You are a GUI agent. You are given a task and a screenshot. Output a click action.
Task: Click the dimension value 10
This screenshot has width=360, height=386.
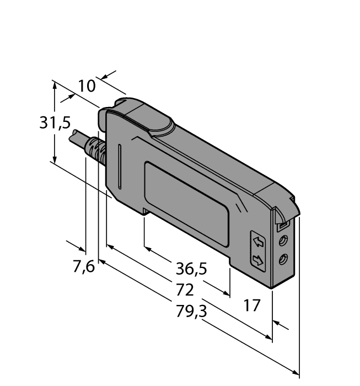coord(87,86)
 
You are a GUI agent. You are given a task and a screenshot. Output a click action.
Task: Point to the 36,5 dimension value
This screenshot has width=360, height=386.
coord(191,269)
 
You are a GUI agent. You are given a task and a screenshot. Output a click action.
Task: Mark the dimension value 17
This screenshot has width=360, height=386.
coord(251,305)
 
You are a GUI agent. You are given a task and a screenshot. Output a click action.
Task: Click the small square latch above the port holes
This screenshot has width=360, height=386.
coord(281,225)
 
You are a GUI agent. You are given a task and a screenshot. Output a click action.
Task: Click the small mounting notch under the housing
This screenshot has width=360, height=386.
coord(145,211)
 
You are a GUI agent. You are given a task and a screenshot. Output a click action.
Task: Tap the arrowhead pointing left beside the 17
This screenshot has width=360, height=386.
coord(277,323)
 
